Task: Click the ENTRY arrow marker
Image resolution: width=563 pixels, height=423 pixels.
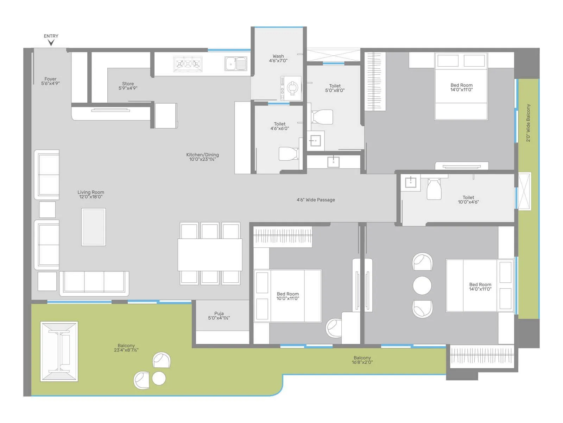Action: tap(51, 43)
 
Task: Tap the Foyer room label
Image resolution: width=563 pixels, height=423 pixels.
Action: tap(50, 81)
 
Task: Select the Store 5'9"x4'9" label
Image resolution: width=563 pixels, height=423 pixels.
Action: tap(128, 86)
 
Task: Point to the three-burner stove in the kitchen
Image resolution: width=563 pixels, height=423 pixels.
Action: tap(188, 64)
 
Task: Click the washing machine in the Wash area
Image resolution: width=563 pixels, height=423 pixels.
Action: tap(291, 87)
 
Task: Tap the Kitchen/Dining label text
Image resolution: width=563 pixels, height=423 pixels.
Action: tap(202, 157)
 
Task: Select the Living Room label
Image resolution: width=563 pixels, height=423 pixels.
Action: tap(91, 195)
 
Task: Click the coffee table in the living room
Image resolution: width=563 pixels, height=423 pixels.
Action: tap(93, 227)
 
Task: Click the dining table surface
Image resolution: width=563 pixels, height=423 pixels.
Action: tap(210, 255)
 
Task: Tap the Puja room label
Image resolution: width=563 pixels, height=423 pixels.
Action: tap(219, 315)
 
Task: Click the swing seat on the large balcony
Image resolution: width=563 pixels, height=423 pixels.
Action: tap(59, 351)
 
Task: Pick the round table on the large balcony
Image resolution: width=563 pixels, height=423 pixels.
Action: tap(159, 378)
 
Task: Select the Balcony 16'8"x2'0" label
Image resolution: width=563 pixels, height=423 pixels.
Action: tap(362, 360)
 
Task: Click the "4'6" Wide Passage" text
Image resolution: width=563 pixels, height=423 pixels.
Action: tap(316, 200)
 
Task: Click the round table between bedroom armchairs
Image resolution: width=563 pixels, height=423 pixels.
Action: tap(422, 285)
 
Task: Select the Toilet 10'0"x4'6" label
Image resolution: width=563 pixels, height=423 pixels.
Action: tap(468, 200)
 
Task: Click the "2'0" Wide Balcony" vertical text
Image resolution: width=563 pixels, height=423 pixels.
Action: tap(528, 123)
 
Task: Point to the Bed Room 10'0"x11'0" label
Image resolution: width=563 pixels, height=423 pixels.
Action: tap(287, 296)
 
